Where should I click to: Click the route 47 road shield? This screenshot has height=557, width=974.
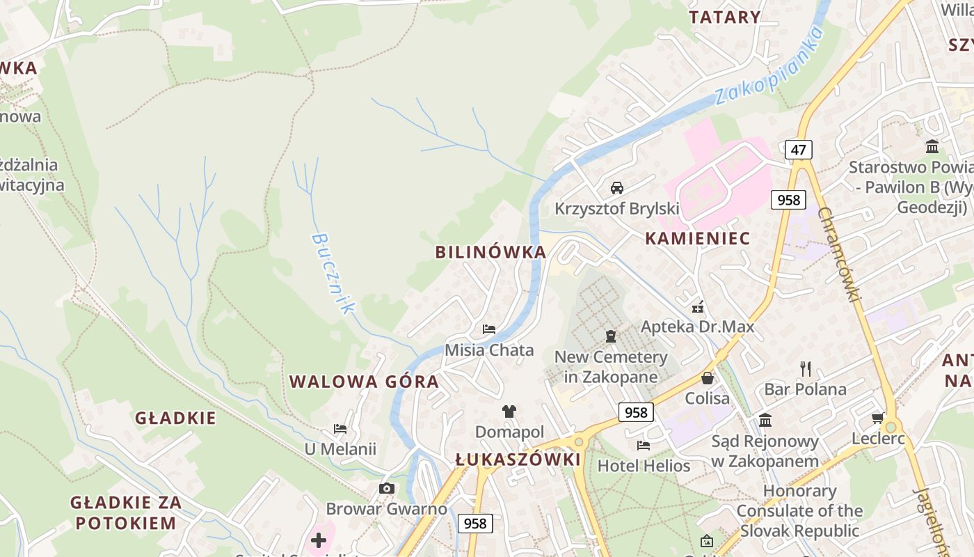pos(798,149)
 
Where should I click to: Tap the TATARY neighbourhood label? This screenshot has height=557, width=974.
pos(724,17)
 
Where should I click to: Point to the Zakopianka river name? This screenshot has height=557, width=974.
pos(769,67)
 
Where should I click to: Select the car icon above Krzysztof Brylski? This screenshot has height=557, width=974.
pos(616,187)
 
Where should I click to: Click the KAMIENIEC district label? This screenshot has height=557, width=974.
pos(697,238)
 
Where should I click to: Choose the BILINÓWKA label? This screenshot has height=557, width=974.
pos(490,252)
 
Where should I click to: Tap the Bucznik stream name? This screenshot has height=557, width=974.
pos(333,272)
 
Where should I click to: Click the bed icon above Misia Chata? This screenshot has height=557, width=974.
pos(489,329)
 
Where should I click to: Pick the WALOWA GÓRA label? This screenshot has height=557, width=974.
pos(364,382)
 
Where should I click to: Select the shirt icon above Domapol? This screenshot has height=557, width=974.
pos(509,411)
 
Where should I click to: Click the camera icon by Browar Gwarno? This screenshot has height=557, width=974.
pos(387,489)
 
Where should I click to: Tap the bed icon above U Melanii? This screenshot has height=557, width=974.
pos(340,429)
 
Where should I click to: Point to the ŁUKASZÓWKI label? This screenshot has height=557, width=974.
pos(518,460)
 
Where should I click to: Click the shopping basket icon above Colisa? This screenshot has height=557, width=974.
pos(708,378)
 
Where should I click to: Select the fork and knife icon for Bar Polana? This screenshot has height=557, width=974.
pos(806,368)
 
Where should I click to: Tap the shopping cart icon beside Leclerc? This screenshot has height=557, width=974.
pos(878,418)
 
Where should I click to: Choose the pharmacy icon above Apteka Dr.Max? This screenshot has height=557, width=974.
pos(698,306)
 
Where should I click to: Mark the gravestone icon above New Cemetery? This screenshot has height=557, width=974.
pos(611,337)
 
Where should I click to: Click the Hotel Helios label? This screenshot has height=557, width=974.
pos(644,466)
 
